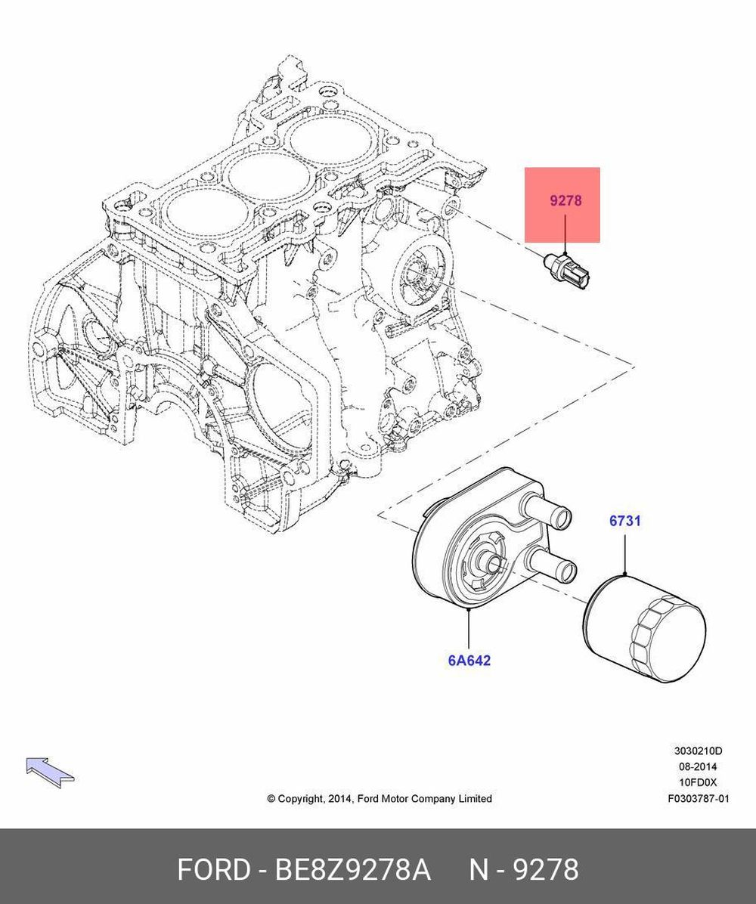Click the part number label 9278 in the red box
565,202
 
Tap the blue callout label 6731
625,521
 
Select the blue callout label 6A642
469,661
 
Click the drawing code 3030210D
698,751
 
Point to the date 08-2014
699,767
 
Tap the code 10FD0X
699,783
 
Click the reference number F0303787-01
698,799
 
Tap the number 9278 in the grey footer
546,870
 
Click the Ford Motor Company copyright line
380,799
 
